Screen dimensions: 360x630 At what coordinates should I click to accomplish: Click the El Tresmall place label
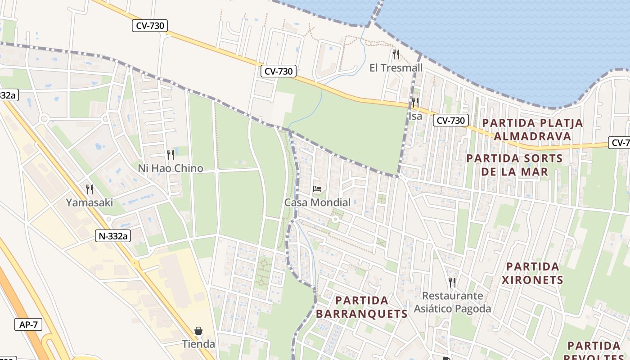tap(396, 68)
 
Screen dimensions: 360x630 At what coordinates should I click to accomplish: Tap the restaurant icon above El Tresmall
tap(396, 54)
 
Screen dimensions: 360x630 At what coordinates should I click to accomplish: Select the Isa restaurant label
tap(415, 116)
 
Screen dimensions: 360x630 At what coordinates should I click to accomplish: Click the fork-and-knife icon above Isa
tap(415, 103)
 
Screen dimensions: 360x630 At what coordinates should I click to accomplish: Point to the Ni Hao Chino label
tap(171, 168)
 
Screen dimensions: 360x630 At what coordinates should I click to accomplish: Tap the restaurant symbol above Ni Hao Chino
tap(171, 155)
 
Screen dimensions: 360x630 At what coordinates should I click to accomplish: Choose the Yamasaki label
tap(90, 202)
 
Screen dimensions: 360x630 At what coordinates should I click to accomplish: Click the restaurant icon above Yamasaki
tap(90, 189)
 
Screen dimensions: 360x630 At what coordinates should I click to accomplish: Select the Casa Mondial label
tap(317, 202)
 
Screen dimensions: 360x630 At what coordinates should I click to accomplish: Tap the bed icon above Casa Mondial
tap(317, 189)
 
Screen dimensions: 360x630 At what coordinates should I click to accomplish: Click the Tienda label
tap(198, 344)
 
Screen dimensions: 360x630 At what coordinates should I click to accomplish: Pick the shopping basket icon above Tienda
tap(198, 331)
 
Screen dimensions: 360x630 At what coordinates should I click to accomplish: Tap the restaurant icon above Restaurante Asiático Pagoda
tap(452, 283)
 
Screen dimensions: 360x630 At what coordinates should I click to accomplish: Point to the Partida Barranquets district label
tap(362, 307)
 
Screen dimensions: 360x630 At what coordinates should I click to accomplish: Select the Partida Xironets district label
tap(532, 273)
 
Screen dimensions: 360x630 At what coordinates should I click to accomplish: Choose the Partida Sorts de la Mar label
tap(514, 165)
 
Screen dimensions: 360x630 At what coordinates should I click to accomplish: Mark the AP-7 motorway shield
tap(28, 324)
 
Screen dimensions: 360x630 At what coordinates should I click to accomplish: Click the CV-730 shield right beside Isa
tap(451, 120)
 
